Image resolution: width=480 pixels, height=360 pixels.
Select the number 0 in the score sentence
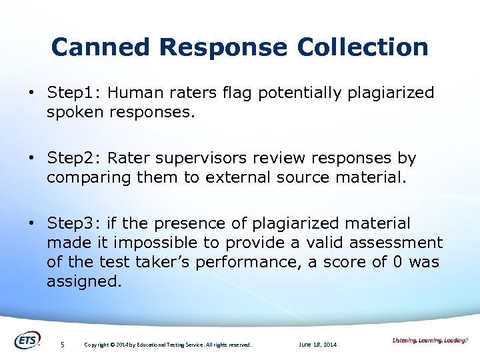pos(397,262)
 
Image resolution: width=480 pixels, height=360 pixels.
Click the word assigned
pos(85,281)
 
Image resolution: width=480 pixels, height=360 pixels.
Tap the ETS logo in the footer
pos(27,340)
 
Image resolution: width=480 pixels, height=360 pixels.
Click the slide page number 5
pos(62,345)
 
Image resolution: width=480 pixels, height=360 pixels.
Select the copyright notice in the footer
pos(167,345)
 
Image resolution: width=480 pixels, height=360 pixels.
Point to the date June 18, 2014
pos(318,345)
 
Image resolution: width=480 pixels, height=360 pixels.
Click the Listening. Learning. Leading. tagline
pos(429,341)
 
